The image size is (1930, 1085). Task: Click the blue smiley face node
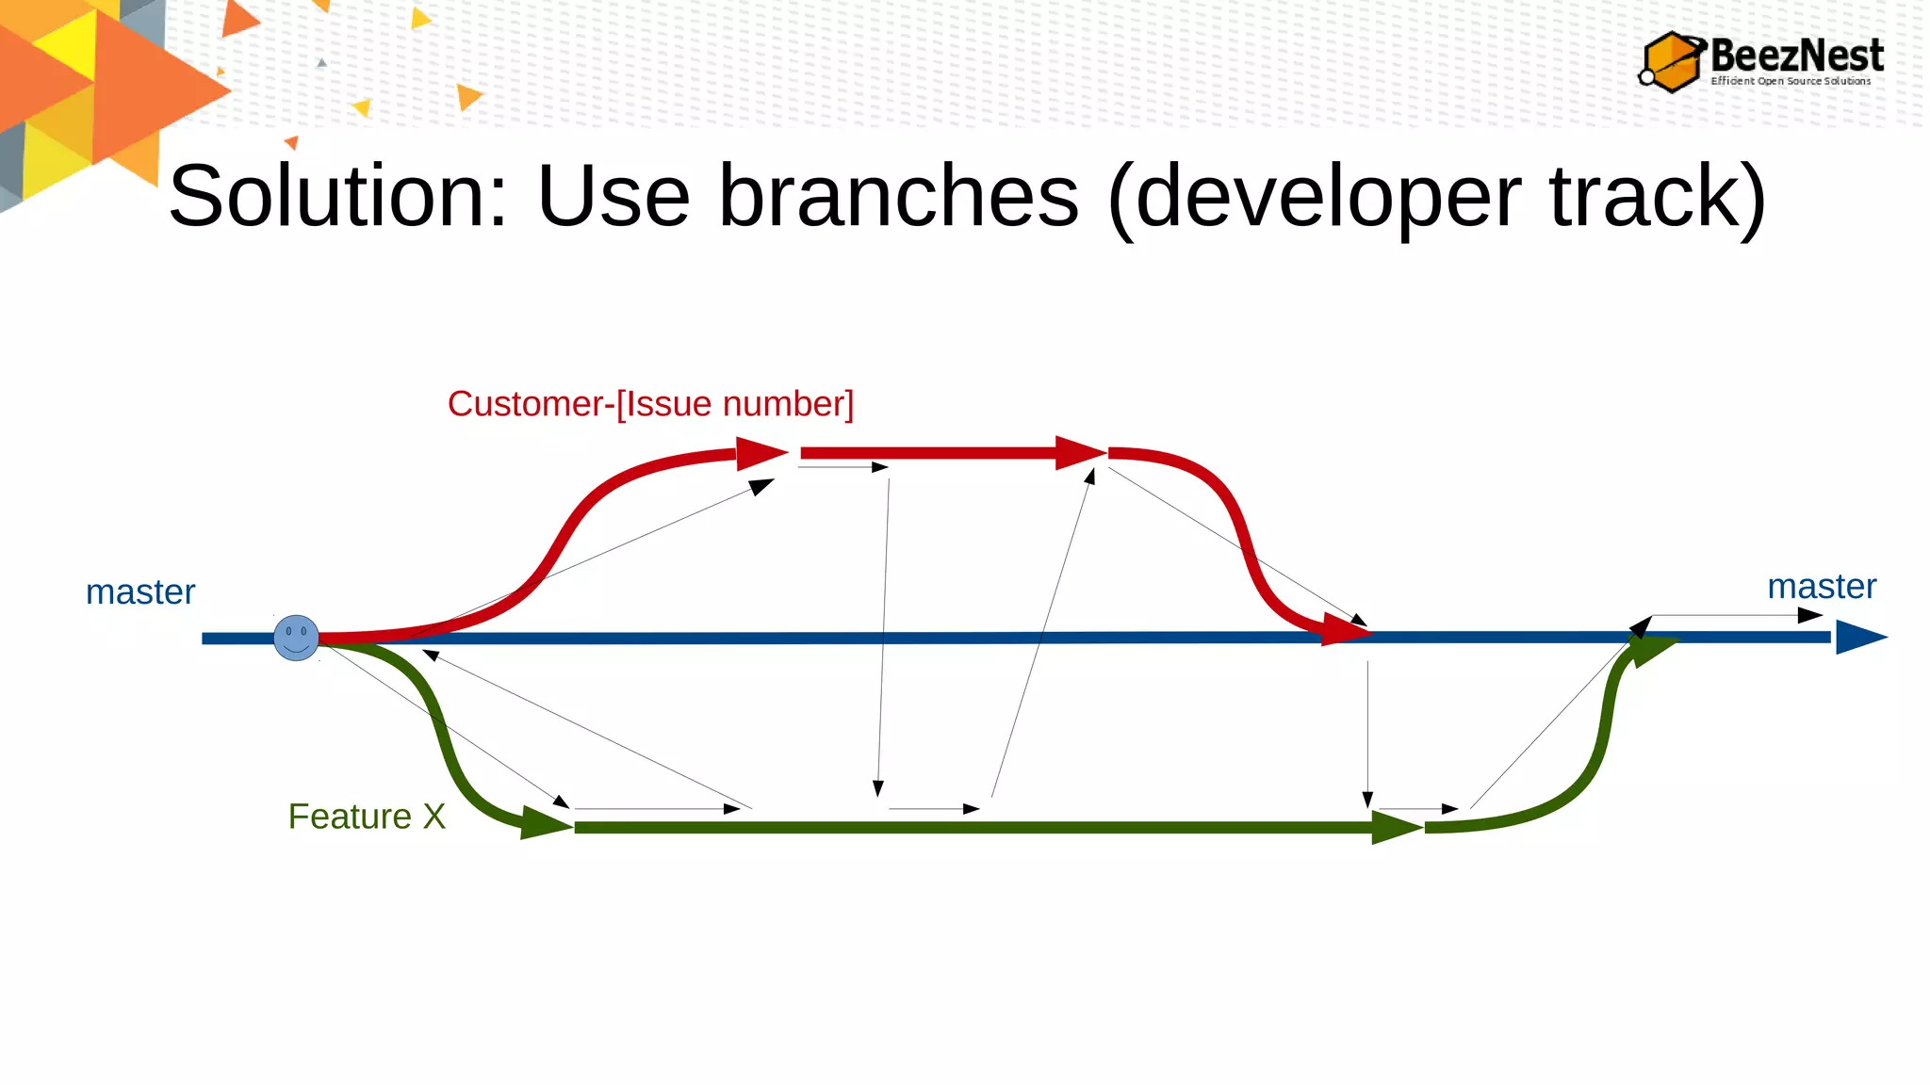tap(296, 638)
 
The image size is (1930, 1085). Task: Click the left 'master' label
tap(140, 592)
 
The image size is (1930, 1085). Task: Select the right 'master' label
tap(1821, 587)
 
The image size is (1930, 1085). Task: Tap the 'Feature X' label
tap(367, 817)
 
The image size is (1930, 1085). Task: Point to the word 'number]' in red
tap(788, 404)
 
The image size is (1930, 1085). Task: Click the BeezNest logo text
tap(1796, 55)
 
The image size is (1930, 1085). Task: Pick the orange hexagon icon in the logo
tap(1671, 62)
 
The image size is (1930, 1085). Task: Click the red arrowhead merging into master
tap(1345, 629)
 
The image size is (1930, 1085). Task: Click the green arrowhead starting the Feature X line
tap(544, 823)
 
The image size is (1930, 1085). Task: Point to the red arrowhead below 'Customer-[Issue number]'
tap(760, 453)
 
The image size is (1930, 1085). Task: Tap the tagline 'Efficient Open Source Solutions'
tap(1791, 81)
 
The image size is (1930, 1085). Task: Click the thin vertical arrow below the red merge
tap(1367, 735)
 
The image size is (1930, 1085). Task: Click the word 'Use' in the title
tap(613, 196)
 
